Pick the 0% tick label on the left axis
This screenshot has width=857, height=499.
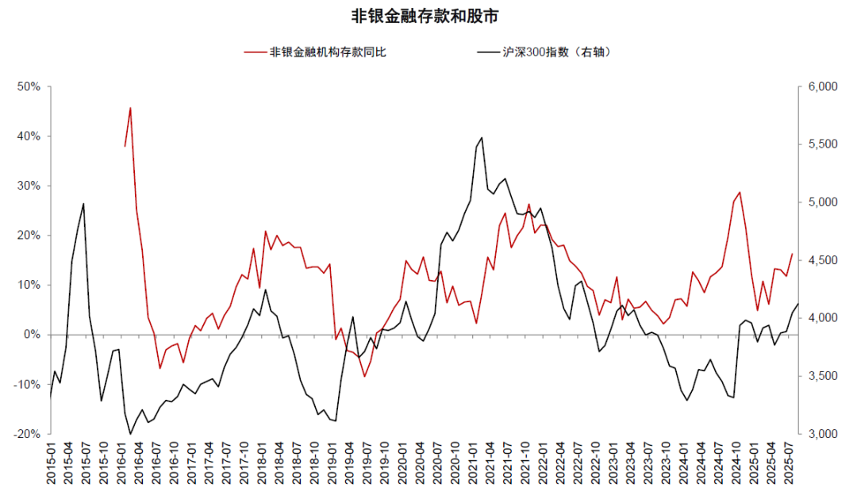click(x=31, y=335)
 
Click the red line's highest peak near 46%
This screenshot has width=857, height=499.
click(x=130, y=107)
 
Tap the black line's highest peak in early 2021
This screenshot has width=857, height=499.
click(x=482, y=137)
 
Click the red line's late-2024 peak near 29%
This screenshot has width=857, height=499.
click(x=740, y=192)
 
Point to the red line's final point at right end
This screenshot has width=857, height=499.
click(x=792, y=254)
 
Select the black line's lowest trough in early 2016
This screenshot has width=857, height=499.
click(x=130, y=434)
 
